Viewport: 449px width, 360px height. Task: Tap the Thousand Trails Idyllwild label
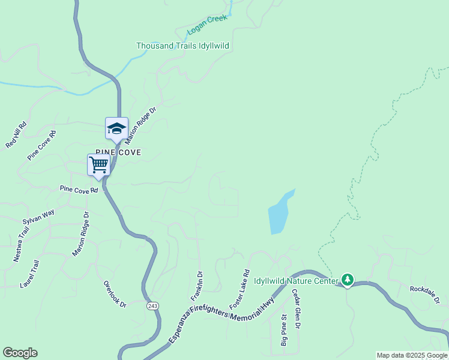click(x=182, y=46)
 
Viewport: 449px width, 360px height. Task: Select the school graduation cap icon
click(x=116, y=128)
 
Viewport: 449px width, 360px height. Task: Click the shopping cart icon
click(x=99, y=164)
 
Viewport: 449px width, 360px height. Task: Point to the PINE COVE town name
click(x=118, y=152)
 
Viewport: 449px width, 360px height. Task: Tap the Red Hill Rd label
click(x=16, y=134)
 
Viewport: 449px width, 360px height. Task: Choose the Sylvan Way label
click(x=38, y=217)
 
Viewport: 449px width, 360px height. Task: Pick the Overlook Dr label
click(x=115, y=294)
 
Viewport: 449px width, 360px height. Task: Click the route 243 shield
click(x=152, y=306)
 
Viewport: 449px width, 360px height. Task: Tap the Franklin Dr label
click(x=197, y=286)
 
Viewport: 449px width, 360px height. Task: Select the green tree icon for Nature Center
click(x=347, y=280)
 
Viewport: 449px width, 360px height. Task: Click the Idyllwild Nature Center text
click(x=295, y=280)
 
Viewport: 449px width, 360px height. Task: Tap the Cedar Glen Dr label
click(x=296, y=309)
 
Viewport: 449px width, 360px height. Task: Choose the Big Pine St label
click(x=284, y=331)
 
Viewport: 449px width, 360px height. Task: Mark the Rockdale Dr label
click(x=425, y=289)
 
